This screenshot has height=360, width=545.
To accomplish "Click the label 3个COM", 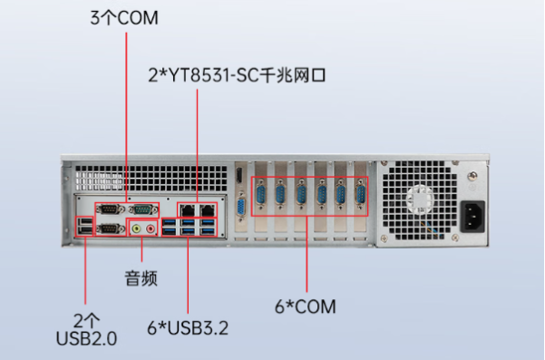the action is (x=122, y=17).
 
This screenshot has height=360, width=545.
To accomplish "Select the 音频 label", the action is (x=141, y=277).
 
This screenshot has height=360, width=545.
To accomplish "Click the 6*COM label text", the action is (x=307, y=307).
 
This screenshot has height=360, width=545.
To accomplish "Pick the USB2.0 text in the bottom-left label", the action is (x=86, y=338).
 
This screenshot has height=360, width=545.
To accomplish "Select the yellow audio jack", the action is (x=137, y=229).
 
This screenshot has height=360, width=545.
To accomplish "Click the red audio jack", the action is (x=151, y=229).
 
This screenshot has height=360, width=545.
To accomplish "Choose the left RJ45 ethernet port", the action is (x=188, y=209).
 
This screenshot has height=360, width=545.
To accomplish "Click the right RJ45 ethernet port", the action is (x=208, y=209).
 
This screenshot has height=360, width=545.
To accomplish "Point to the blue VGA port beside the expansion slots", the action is (x=241, y=209).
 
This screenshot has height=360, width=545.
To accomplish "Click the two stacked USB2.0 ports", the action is (x=85, y=228).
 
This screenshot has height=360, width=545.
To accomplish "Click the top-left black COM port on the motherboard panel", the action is (x=111, y=209).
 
